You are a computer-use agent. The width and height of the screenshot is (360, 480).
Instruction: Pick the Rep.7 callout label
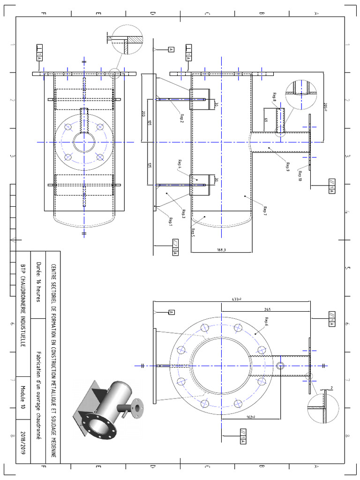pos(265,210)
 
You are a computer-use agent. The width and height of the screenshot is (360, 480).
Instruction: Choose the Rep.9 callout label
pos(288,167)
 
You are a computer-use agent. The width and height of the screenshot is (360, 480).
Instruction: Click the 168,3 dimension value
pos(222,250)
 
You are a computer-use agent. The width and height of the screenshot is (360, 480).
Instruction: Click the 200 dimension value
pos(143,114)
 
